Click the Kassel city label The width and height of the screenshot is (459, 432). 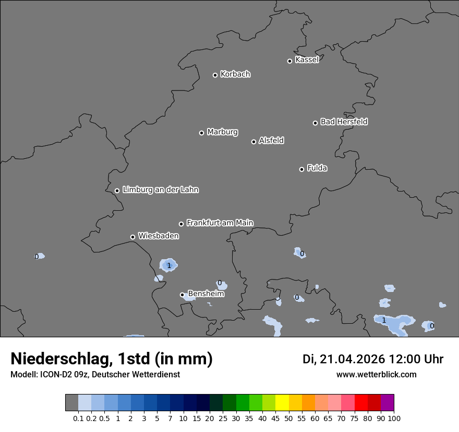click(307, 60)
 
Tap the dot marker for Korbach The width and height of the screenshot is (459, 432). click(215, 75)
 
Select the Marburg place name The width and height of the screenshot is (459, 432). click(222, 132)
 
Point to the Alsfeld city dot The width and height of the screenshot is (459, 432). click(253, 142)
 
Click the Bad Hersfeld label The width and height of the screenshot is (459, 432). click(344, 122)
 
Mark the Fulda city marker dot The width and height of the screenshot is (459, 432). click(301, 169)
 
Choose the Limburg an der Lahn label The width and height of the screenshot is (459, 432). click(160, 190)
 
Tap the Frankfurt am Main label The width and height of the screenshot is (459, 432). click(220, 223)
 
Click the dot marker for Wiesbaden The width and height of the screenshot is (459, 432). click(132, 237)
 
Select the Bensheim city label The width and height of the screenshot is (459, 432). click(206, 294)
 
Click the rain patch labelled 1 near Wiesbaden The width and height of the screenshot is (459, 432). click(168, 265)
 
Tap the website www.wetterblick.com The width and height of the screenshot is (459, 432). click(376, 374)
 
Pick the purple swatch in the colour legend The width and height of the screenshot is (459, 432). click(388, 403)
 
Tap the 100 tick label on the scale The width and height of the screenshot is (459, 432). click(394, 418)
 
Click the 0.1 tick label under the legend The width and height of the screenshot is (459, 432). click(78, 418)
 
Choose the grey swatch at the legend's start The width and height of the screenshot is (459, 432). click(71, 403)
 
